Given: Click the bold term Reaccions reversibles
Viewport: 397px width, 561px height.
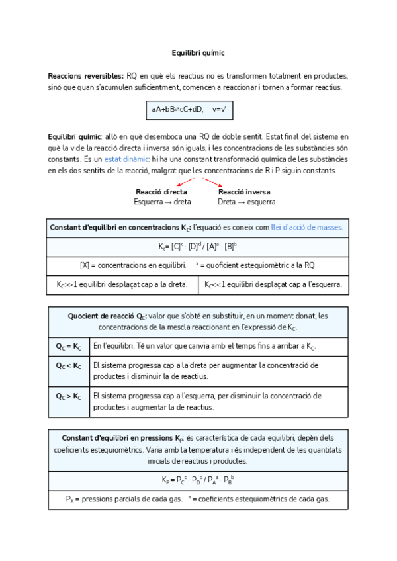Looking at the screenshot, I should pos(85,76).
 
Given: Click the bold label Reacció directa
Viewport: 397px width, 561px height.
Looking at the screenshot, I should pos(161,192).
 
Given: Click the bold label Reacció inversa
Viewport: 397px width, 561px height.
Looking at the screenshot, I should pos(243,192).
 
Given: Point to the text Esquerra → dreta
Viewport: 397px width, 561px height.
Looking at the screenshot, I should pos(162,202).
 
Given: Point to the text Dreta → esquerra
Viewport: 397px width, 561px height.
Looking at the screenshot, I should pos(246,202).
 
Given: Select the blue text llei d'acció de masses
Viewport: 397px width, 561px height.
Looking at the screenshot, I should pos(307,227).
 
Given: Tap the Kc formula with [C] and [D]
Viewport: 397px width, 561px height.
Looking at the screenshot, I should pos(198,247).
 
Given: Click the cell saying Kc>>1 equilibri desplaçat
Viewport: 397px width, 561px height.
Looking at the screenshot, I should pos(122,285).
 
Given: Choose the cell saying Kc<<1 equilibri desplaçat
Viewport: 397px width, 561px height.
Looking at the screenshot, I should pos(273,285).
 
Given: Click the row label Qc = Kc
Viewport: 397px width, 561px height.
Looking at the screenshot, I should pos(69,346).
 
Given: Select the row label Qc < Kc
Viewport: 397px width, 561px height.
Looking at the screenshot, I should pos(69,365).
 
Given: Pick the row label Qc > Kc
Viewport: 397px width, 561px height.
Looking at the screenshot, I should pos(69,396).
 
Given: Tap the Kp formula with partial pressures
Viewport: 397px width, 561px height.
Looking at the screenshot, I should pos(198,480).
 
